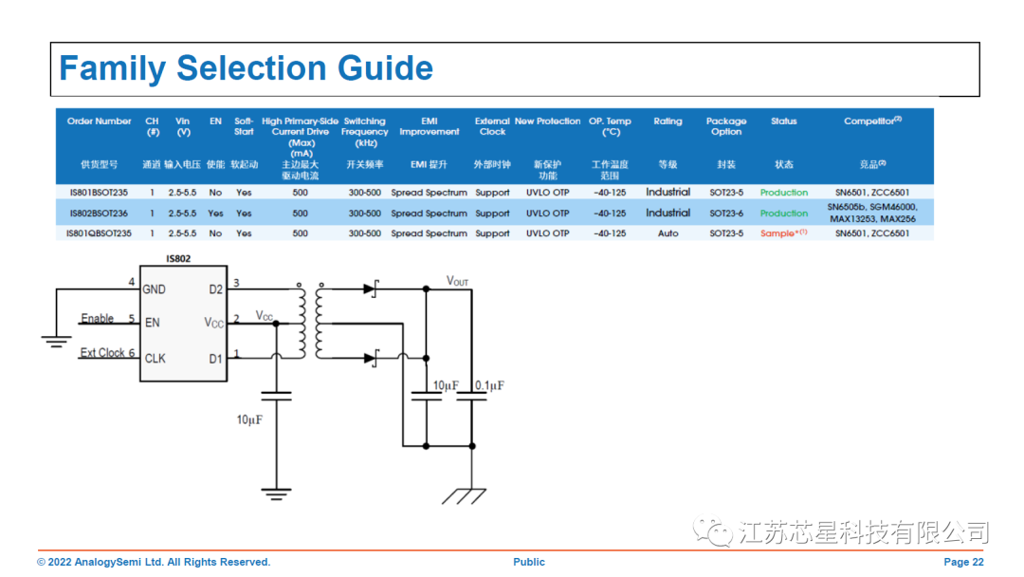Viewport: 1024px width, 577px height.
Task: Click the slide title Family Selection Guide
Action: pos(246,68)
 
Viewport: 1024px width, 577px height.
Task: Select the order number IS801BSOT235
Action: pos(99,193)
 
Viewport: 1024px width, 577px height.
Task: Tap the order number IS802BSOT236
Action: pos(99,214)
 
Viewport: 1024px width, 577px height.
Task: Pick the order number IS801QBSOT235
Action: pos(99,233)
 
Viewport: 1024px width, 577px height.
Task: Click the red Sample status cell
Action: pos(783,233)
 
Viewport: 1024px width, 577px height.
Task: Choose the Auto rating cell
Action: pos(667,233)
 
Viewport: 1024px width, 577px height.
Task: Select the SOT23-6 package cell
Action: pos(726,214)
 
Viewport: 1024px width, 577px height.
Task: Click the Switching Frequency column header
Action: pos(364,132)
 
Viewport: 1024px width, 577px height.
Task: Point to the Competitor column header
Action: pos(871,121)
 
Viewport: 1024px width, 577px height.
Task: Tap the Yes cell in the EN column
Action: pos(215,214)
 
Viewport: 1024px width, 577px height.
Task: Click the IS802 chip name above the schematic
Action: pos(178,259)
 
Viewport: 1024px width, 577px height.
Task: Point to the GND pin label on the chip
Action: pos(154,289)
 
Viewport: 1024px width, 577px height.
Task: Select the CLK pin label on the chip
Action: pos(155,359)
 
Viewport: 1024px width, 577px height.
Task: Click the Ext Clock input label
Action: pos(102,353)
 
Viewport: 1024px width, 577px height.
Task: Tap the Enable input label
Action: pos(98,319)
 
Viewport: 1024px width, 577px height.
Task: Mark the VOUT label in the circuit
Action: pos(457,282)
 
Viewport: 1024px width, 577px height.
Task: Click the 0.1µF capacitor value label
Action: pos(489,386)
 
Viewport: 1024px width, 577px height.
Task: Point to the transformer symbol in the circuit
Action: pos(312,323)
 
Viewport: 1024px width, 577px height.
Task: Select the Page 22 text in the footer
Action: pos(963,562)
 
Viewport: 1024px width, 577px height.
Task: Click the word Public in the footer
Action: pos(529,562)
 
